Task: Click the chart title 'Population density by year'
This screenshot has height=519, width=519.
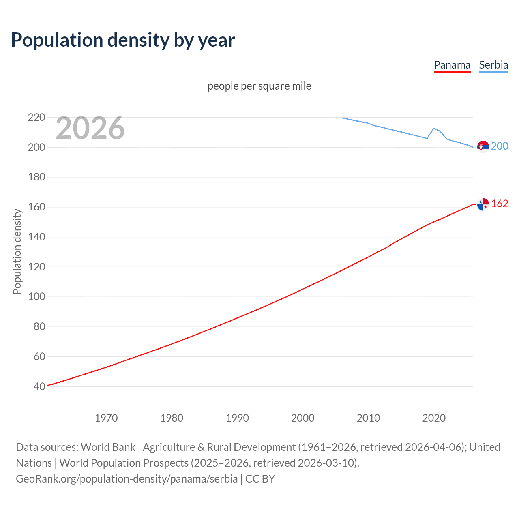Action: [x=123, y=40]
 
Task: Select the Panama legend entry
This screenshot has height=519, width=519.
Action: [x=452, y=65]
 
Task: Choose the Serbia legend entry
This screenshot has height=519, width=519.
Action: [x=493, y=65]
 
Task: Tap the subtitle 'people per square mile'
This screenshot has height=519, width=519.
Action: [x=259, y=86]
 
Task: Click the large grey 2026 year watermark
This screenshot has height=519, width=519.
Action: [x=90, y=128]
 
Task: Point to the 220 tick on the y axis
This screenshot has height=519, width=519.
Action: [x=36, y=118]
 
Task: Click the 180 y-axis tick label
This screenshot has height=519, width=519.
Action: [x=36, y=177]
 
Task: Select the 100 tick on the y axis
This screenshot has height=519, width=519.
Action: [x=36, y=297]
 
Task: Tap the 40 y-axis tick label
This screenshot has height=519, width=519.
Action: [x=39, y=386]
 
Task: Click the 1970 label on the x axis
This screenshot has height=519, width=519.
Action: [x=106, y=418]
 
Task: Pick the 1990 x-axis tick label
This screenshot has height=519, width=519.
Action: [x=237, y=418]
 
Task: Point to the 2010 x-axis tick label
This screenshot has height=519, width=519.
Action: [x=368, y=418]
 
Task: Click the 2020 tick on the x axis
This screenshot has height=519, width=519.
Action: [x=434, y=418]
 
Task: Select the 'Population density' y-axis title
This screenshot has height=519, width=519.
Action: [x=17, y=251]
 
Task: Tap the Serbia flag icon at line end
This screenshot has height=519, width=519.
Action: [x=483, y=146]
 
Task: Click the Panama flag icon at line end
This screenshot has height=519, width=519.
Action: [x=483, y=204]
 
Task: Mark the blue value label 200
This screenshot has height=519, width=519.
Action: [x=500, y=146]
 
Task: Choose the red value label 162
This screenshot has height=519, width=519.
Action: [x=500, y=204]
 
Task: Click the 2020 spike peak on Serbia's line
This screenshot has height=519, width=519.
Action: [x=434, y=128]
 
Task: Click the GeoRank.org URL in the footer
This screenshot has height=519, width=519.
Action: [x=127, y=479]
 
